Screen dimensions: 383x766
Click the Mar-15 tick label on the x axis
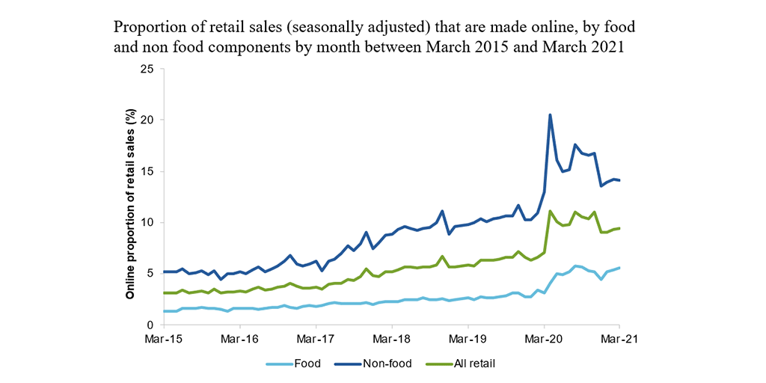coord(164,339)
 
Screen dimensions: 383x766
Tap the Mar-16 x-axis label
coord(239,339)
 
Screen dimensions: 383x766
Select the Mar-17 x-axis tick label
coord(316,339)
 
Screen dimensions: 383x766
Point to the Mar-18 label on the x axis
coord(392,339)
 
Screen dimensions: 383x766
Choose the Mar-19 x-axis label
coord(468,339)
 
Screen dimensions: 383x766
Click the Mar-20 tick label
coord(544,339)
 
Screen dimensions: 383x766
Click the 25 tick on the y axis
coord(147,69)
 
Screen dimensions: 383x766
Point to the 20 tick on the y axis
coord(147,120)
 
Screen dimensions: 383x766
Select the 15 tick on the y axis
coord(147,171)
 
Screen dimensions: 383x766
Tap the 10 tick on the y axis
coord(147,222)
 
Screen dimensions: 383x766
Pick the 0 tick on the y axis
coord(150,325)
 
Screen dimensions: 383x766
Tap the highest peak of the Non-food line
coord(551,115)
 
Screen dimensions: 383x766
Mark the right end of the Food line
coord(619,268)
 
